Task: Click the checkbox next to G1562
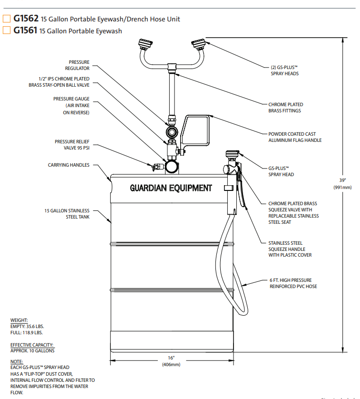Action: (7, 20)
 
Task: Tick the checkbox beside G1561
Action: (7, 31)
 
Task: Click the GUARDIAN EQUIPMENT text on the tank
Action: (171, 188)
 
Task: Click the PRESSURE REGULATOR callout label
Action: (79, 65)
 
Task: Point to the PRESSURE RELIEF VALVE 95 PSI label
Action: (72, 145)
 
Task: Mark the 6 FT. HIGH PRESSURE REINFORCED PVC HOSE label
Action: (293, 283)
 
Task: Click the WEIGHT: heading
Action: (19, 320)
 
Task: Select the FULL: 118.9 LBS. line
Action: (27, 332)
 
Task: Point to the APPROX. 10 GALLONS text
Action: (32, 350)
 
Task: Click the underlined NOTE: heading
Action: (16, 362)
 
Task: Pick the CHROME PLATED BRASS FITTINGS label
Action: (285, 108)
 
